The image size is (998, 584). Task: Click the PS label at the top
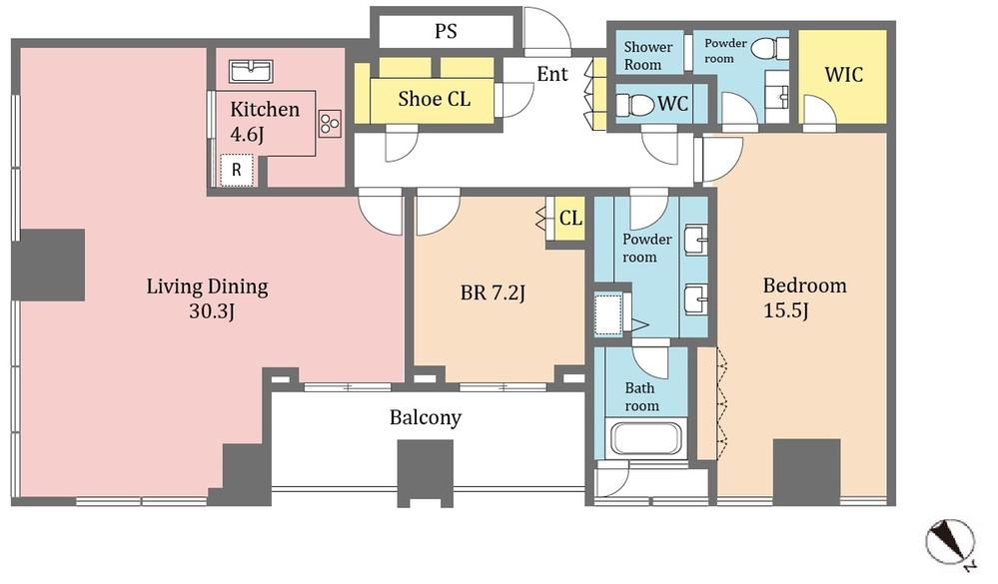(446, 31)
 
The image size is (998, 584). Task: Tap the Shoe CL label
(434, 98)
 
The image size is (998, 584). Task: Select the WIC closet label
(843, 75)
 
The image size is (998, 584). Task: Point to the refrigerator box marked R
(237, 170)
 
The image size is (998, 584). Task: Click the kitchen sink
(251, 71)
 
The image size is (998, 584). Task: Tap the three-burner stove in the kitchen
(330, 123)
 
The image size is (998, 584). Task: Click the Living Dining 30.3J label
(207, 298)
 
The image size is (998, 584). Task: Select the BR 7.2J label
(493, 292)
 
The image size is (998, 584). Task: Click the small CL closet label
(569, 218)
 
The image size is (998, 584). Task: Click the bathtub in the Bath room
(645, 439)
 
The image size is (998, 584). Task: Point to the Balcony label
(426, 417)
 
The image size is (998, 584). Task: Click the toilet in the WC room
(633, 103)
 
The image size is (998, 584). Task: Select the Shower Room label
(648, 55)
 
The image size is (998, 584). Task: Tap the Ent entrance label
(552, 74)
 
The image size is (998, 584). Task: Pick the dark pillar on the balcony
(426, 472)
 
